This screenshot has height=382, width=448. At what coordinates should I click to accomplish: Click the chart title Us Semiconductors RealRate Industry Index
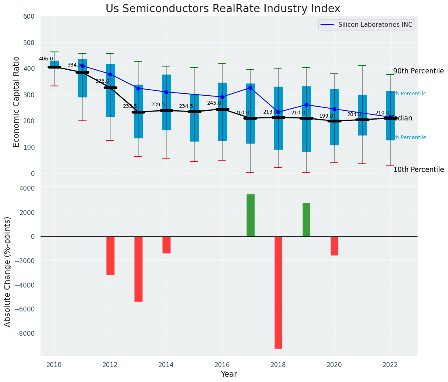[223, 9]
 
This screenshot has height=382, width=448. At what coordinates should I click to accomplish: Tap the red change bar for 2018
[278, 292]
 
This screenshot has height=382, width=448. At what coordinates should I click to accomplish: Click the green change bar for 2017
[250, 215]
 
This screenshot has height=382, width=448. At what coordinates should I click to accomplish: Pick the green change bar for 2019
[306, 219]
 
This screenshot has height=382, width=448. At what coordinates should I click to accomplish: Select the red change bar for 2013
[139, 269]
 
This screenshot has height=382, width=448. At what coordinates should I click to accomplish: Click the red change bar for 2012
[110, 255]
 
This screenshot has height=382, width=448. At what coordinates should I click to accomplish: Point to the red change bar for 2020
[334, 246]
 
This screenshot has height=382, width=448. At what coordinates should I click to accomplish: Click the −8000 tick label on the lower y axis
[25, 334]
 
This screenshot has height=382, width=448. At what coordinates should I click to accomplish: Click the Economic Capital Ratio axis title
[17, 101]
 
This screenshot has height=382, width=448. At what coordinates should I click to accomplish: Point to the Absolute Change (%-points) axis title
[8, 271]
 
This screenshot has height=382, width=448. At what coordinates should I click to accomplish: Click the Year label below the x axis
[229, 374]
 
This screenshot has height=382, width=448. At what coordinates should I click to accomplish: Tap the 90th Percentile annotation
[418, 71]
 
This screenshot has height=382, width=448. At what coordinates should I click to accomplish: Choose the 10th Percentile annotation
[418, 170]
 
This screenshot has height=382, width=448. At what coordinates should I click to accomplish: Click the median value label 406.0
[46, 59]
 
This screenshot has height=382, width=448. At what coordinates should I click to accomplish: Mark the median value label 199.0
[326, 116]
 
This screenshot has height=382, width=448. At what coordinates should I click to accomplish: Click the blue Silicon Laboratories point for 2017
[250, 88]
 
